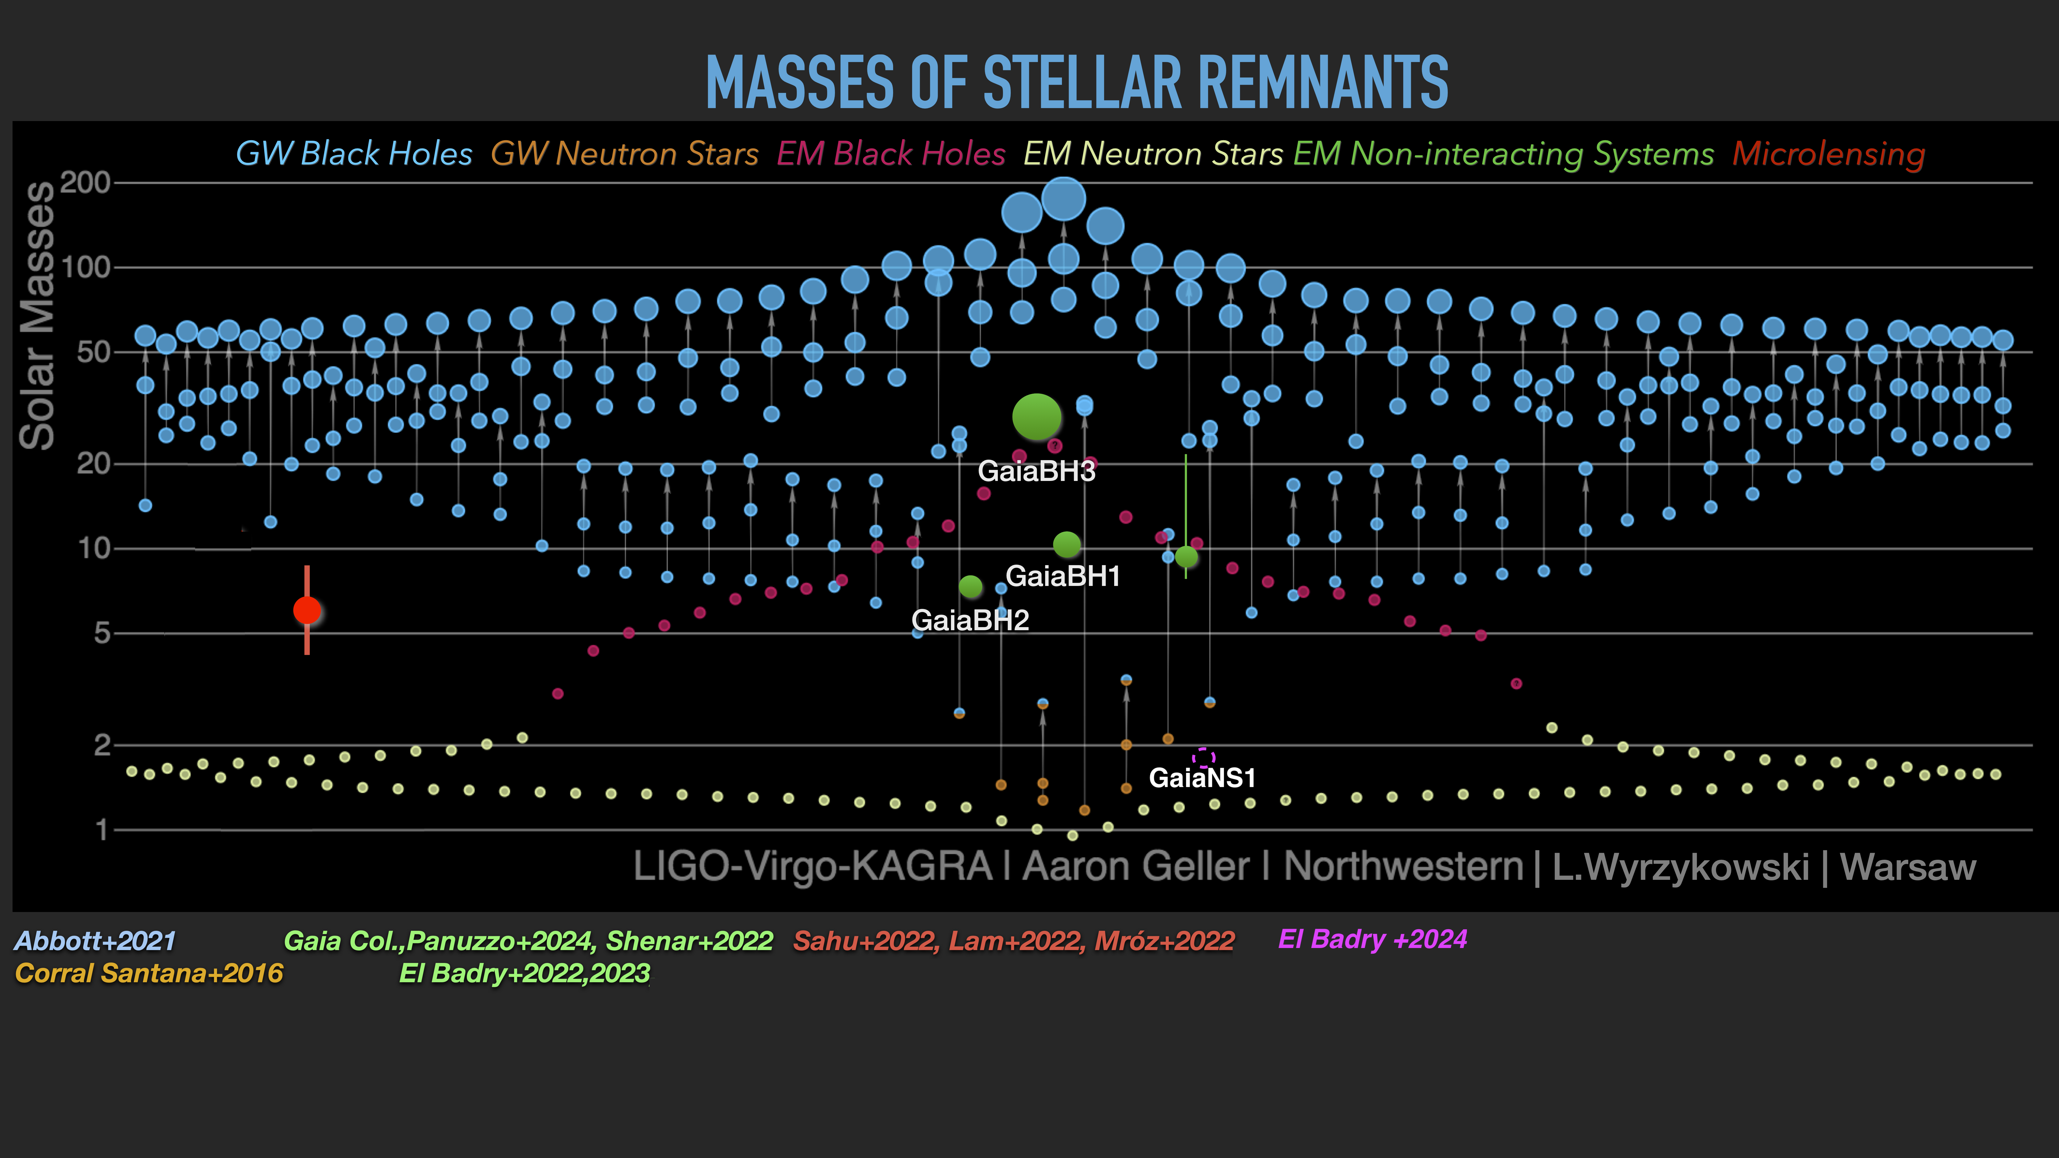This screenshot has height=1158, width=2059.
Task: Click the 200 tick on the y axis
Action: tap(85, 183)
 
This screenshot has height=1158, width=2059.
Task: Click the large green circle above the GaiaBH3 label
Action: tap(1037, 416)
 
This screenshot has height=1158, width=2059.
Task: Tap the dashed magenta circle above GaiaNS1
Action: tap(1204, 757)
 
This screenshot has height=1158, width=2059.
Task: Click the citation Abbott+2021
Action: tap(95, 941)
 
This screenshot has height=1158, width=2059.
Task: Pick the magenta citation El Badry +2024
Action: tap(1372, 939)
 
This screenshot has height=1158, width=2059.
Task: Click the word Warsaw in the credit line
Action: tap(1908, 867)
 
